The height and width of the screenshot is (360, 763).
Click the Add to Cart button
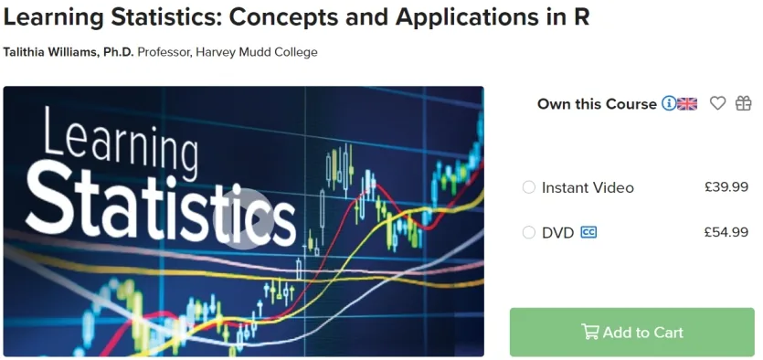(632, 332)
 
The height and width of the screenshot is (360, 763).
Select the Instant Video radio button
(528, 187)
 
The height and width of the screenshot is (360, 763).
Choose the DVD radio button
(528, 233)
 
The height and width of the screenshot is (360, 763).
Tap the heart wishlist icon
(717, 103)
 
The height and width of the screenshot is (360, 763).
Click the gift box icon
(744, 103)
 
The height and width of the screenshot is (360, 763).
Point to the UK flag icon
(687, 103)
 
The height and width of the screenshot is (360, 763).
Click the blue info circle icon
(669, 103)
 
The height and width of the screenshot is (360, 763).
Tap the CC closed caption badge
(588, 233)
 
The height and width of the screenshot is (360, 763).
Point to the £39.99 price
(726, 186)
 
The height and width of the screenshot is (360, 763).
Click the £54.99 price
(726, 232)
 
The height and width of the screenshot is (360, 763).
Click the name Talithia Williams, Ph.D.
(69, 52)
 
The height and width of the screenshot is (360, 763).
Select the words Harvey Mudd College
(258, 52)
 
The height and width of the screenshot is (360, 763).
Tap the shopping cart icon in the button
(589, 332)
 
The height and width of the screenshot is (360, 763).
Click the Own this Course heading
(597, 103)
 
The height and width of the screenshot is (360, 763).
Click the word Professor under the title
(164, 52)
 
